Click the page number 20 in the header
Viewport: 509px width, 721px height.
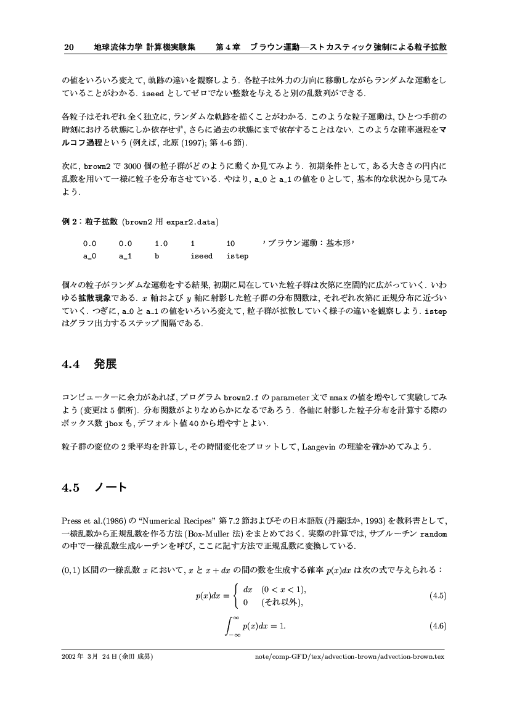click(69, 47)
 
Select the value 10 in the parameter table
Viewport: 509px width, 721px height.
click(231, 244)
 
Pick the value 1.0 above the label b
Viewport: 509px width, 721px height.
click(161, 244)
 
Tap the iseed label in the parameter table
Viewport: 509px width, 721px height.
click(202, 256)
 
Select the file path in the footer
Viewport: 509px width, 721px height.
click(349, 657)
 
